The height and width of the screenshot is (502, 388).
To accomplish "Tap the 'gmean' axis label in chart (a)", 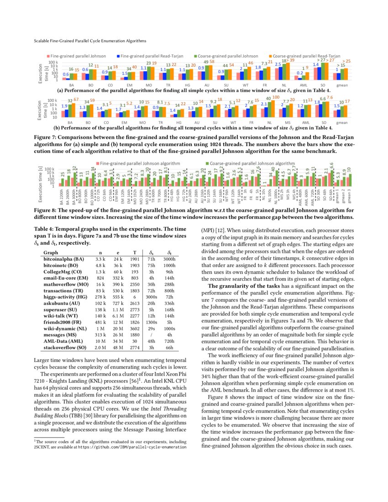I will [x=341, y=85].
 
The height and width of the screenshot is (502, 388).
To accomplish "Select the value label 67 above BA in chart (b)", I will [x=76, y=99].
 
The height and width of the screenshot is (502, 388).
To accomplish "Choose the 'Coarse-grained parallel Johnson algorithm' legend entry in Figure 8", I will [x=252, y=163].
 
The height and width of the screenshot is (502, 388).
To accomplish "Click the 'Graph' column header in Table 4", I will [x=50, y=252].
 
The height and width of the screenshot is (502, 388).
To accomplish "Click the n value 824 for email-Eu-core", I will [x=98, y=277].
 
